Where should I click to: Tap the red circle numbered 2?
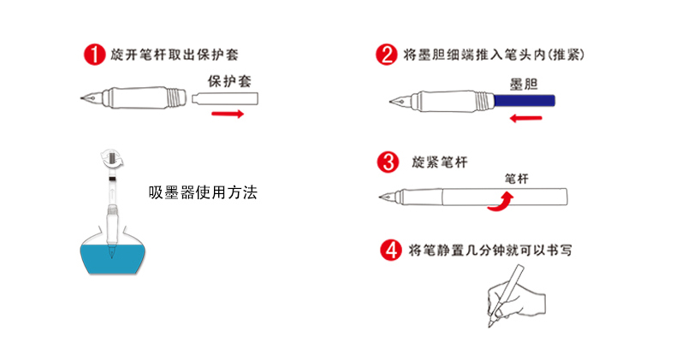pyautogui.click(x=387, y=56)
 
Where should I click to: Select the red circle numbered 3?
pyautogui.click(x=387, y=161)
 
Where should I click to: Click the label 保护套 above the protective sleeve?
pyautogui.click(x=228, y=80)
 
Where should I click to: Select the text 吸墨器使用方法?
pyautogui.click(x=202, y=193)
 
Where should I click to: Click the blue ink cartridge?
pyautogui.click(x=525, y=100)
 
